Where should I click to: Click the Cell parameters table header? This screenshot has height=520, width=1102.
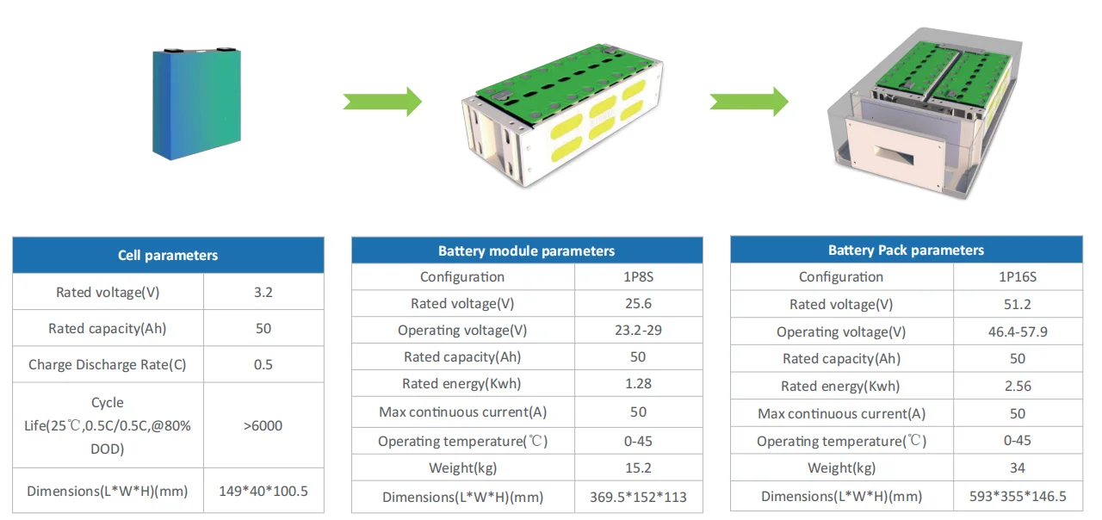(x=168, y=256)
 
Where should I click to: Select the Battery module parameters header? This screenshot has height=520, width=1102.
(x=526, y=251)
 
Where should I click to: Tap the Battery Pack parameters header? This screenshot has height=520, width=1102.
(x=906, y=251)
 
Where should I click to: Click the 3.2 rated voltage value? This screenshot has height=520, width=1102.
(x=263, y=293)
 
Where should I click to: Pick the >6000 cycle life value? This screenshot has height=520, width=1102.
(x=263, y=425)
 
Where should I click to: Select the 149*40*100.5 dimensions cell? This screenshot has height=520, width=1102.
(x=263, y=492)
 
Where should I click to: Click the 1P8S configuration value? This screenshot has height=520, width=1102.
(x=638, y=277)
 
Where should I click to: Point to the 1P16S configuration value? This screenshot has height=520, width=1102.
(x=1018, y=277)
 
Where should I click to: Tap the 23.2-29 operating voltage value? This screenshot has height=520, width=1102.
(x=638, y=331)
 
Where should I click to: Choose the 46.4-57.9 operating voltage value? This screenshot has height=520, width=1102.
(x=1018, y=331)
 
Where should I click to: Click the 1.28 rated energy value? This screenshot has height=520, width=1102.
(x=638, y=384)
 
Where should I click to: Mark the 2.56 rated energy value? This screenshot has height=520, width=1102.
(x=1018, y=386)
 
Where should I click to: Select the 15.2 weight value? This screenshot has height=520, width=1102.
(x=638, y=468)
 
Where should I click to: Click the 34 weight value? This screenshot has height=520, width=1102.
(x=1018, y=468)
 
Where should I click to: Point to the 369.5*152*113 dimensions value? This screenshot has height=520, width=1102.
(x=638, y=497)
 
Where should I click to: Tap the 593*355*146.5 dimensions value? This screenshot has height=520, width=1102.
(x=1018, y=497)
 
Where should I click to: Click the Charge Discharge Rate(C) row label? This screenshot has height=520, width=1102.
(x=108, y=365)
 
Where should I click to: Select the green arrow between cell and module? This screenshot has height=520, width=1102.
(x=382, y=101)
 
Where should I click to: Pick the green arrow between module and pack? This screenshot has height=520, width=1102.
(x=749, y=101)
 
